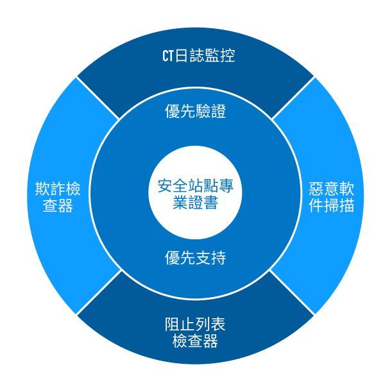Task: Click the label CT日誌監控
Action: click(x=198, y=56)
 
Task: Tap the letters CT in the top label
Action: click(x=167, y=56)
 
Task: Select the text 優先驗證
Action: click(x=196, y=112)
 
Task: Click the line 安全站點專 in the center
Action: click(x=196, y=187)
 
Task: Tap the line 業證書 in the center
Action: click(x=196, y=203)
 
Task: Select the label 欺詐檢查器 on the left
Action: click(x=58, y=198)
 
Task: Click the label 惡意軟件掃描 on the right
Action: click(x=331, y=198)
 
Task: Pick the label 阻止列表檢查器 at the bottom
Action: click(x=196, y=332)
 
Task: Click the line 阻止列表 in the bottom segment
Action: click(x=196, y=324)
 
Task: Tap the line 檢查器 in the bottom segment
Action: click(x=196, y=341)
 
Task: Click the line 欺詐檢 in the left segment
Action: click(x=58, y=189)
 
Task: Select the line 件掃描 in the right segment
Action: click(x=331, y=207)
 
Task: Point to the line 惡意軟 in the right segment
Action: click(x=331, y=189)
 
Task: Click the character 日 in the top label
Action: click(x=182, y=56)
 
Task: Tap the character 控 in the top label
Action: click(x=227, y=56)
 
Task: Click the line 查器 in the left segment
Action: click(x=58, y=207)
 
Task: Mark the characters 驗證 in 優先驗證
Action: click(x=211, y=112)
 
